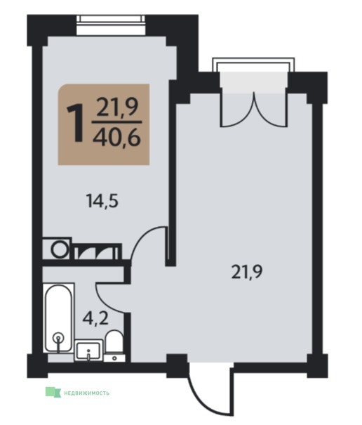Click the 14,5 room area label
102,201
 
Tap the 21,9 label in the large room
247,272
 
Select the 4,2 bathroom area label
95,319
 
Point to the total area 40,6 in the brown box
116,138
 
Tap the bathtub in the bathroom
58,318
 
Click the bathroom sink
88,351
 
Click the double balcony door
254,110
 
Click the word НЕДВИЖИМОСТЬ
87,393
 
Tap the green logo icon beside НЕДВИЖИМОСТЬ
53,392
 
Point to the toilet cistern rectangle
114,358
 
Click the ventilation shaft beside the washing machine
98,251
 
